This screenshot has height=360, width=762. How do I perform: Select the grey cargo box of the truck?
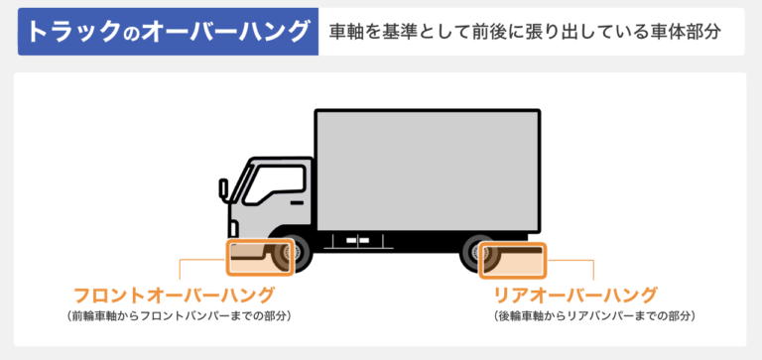(427, 169)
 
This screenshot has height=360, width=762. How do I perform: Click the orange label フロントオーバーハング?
(174, 295)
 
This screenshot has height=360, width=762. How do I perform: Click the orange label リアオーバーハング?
(575, 295)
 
